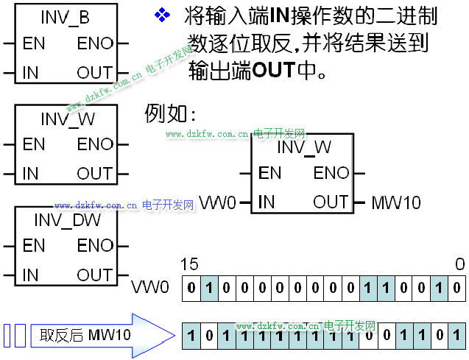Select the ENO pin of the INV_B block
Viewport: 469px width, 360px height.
coord(95,43)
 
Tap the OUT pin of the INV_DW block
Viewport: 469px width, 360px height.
coord(95,275)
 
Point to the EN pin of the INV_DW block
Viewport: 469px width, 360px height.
coord(34,245)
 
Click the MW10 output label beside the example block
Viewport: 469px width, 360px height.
coord(396,202)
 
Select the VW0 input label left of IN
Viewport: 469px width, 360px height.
coord(218,202)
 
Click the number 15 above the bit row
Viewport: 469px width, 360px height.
coord(189,264)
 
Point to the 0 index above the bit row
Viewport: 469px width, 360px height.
coord(459,264)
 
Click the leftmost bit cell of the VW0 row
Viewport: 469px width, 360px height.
coord(191,287)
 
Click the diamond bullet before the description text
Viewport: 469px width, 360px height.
coord(161,15)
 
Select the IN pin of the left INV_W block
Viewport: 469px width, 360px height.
coord(30,174)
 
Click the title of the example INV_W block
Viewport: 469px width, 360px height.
coord(303,147)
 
